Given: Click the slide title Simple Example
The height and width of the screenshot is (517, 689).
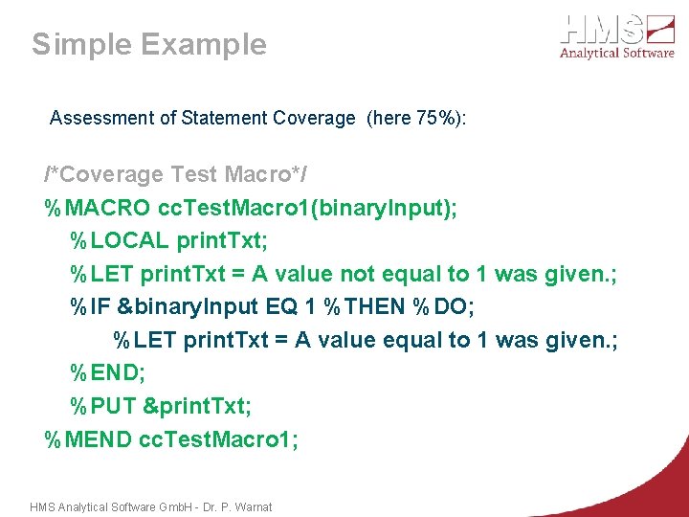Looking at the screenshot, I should pos(149,44).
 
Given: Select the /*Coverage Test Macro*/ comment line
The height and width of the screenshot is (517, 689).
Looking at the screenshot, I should pos(176,175).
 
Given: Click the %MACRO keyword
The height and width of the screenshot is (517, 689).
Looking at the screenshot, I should pos(97,208).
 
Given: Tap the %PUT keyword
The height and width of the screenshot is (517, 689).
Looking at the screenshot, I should pos(102,406).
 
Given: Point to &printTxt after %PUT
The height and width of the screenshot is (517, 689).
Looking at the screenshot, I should pos(197,406).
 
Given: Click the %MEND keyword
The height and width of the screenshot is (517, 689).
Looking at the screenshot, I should pos(88,439).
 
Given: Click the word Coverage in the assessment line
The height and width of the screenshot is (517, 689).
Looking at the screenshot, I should pos(314,119).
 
